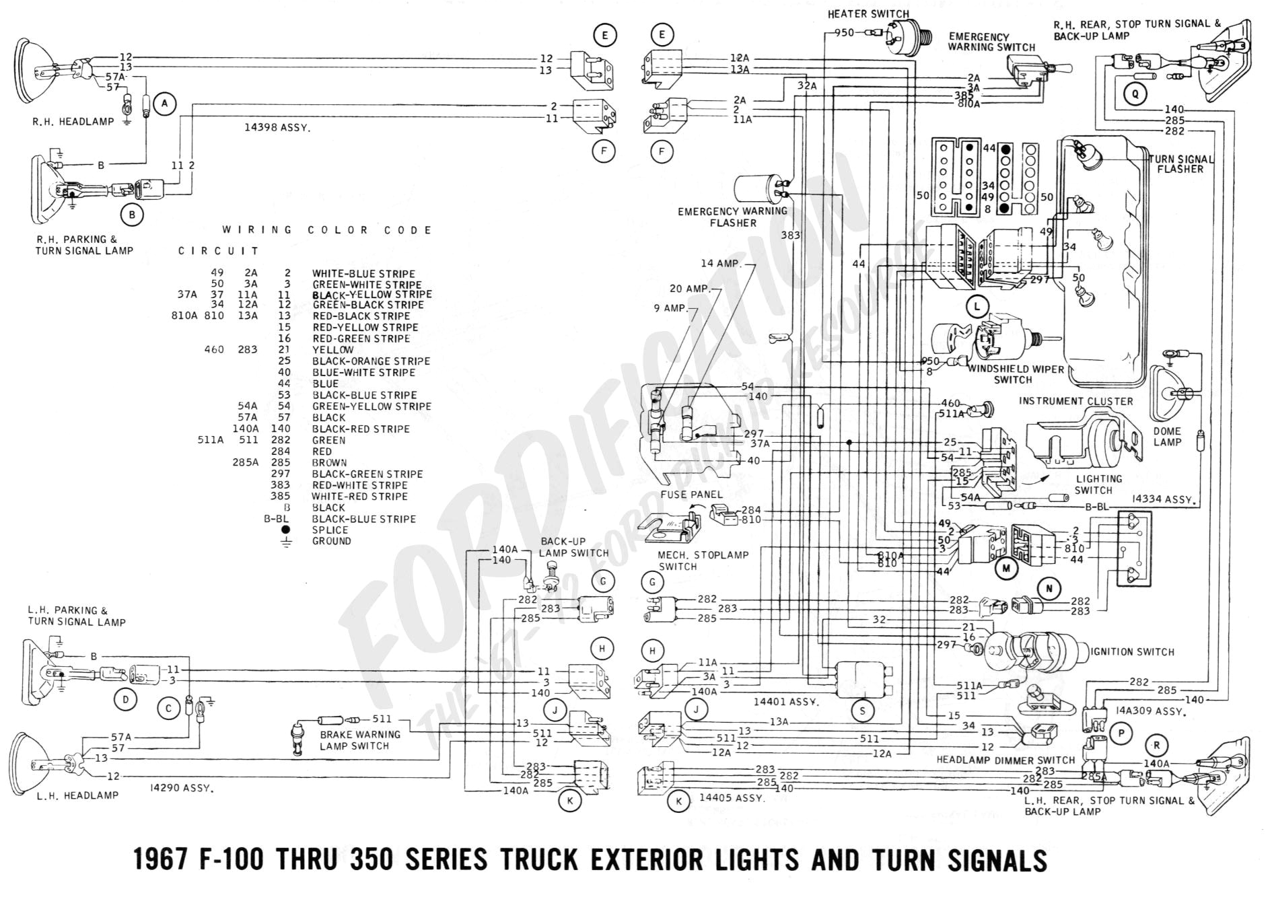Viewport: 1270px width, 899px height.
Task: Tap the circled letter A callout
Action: pos(164,104)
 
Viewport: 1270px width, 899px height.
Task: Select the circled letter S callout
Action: pos(862,710)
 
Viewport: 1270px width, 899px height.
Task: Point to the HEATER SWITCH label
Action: pos(868,13)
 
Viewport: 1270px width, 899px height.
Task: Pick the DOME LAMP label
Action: pos(1167,436)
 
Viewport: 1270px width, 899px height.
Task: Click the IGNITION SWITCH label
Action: pos(1132,651)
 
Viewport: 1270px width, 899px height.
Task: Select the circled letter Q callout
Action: pos(1135,94)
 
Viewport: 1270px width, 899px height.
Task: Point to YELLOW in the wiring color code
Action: pos(332,350)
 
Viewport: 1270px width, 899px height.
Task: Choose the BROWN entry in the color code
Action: pos(329,463)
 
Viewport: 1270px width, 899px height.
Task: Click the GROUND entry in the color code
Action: pos(331,541)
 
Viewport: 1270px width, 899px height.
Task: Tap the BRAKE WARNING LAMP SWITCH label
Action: pos(359,740)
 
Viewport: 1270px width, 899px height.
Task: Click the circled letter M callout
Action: pos(1006,568)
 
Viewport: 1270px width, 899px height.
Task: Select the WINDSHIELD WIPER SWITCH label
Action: pos(1016,374)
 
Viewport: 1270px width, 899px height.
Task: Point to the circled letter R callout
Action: pos(1156,745)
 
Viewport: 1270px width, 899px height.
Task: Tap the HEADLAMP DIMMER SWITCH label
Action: pos(1006,760)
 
